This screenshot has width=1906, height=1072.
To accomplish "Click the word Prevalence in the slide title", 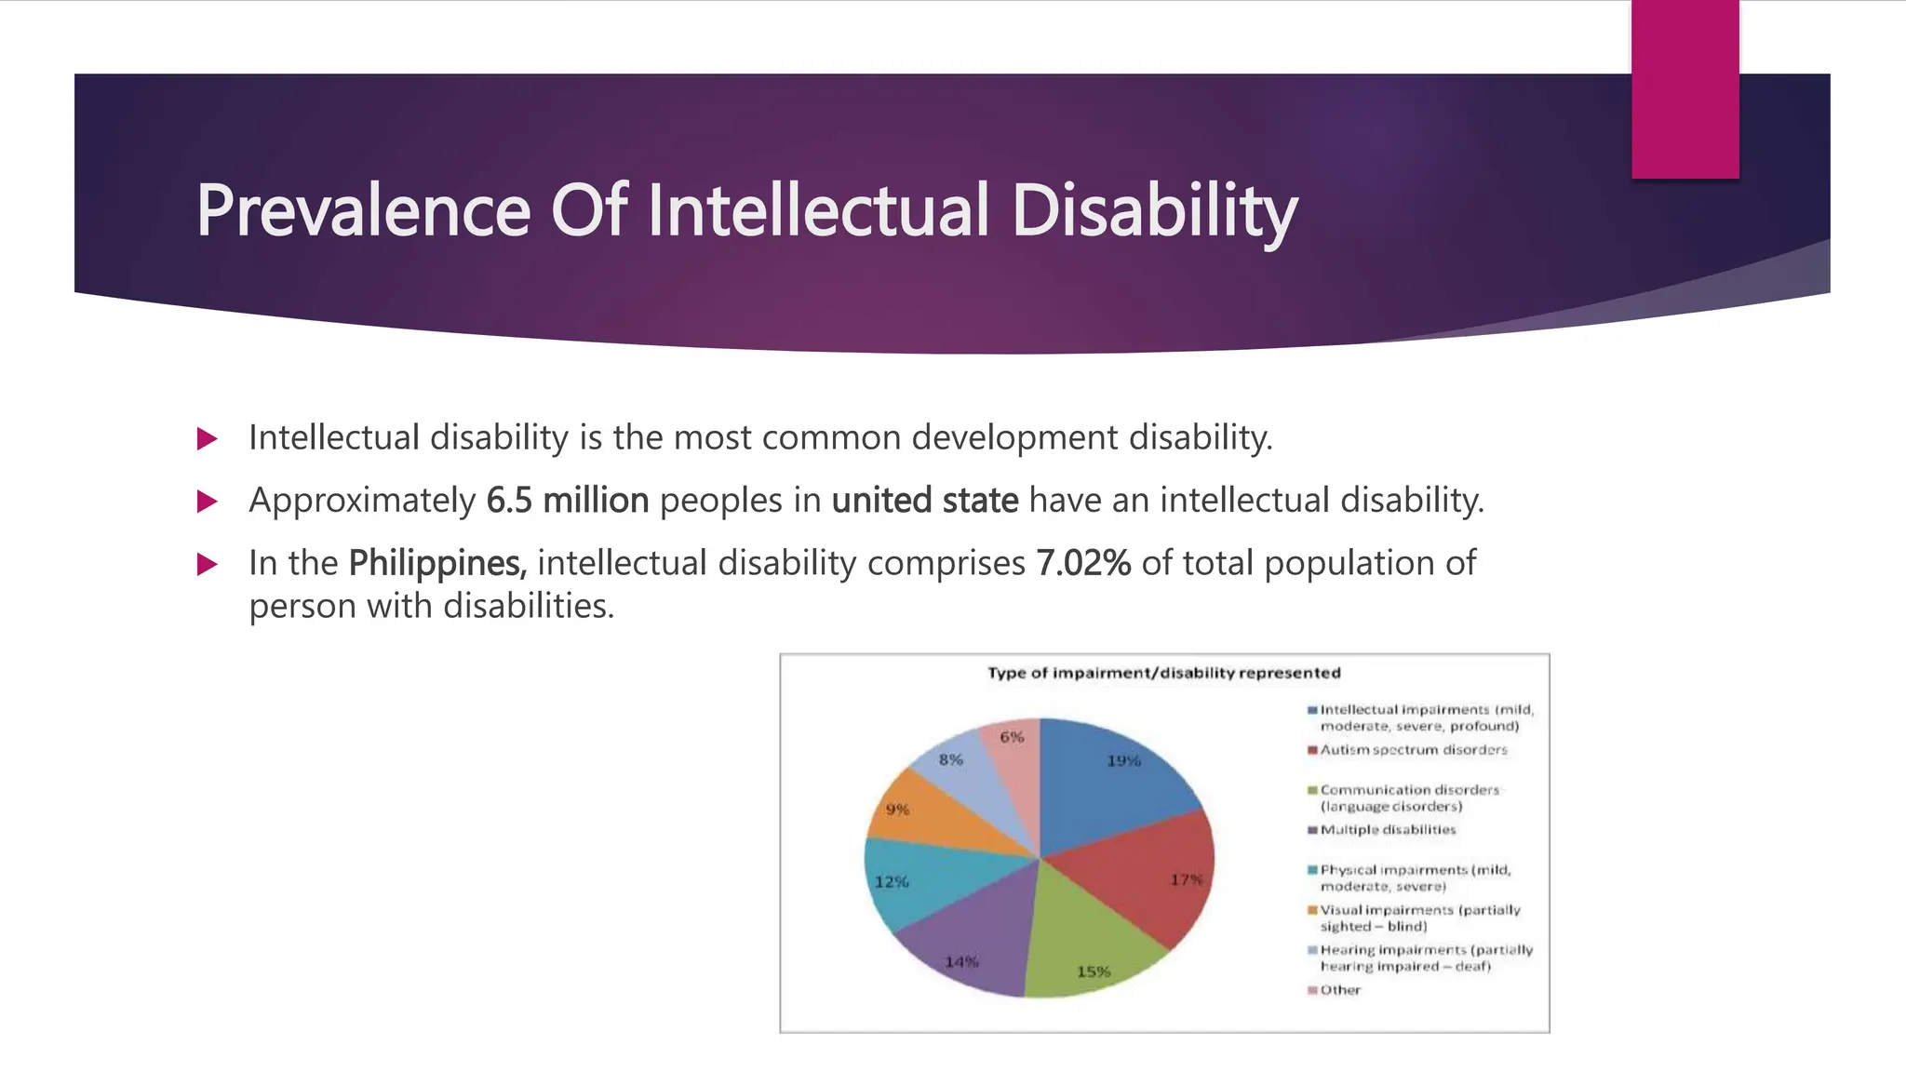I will tap(363, 211).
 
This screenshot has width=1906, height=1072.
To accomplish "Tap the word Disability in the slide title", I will tap(1153, 211).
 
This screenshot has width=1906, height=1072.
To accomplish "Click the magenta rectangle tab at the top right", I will tap(1685, 88).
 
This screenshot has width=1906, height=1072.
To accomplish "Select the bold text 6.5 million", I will tap(567, 501).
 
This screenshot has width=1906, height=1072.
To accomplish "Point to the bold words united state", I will tap(924, 501).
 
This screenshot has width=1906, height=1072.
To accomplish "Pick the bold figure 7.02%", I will tap(1083, 563).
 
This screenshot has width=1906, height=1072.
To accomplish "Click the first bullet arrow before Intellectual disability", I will tap(208, 438).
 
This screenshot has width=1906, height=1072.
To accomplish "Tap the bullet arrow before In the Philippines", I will tap(208, 564).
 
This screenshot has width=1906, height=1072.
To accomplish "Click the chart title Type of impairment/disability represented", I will tap(1163, 673).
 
